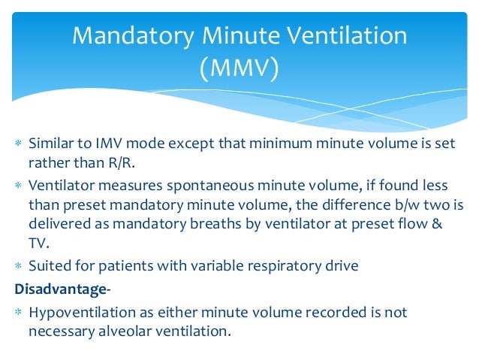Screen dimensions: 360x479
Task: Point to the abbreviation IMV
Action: pyautogui.click(x=98, y=143)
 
